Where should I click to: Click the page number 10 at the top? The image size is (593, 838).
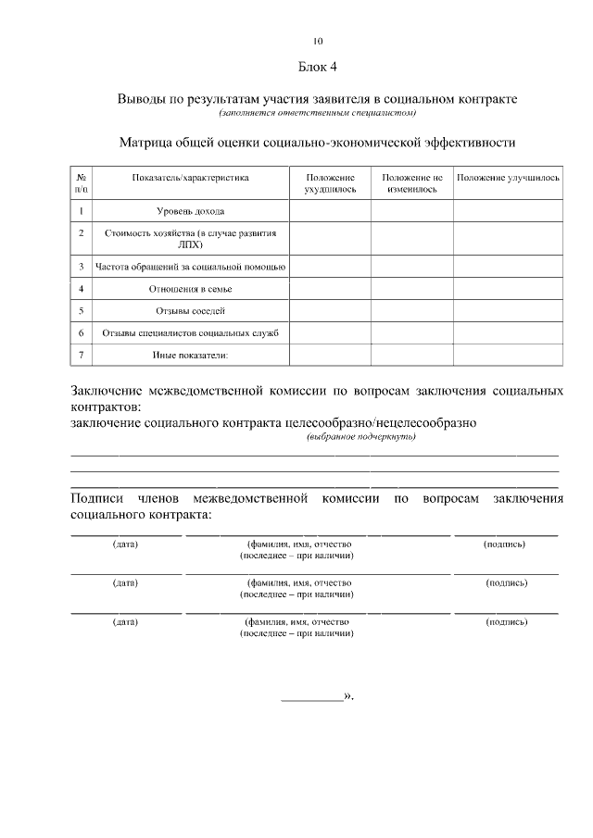coord(318,41)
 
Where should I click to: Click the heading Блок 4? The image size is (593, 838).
coord(318,67)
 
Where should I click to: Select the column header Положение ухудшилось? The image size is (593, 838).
coord(330,181)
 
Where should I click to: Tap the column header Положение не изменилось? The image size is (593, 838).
coord(411,181)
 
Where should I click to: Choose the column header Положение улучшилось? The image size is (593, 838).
coord(508,177)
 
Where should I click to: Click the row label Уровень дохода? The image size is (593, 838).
coord(190,211)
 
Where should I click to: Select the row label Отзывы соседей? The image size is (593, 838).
coord(190,310)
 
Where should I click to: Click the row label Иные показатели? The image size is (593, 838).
coord(190,355)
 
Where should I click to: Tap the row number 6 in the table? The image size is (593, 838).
coord(82,332)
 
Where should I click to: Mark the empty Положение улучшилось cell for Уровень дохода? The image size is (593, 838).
coord(508,211)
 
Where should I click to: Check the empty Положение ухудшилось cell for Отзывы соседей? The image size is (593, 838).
coord(330,310)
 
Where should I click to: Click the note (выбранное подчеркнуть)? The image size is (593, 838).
coord(361,437)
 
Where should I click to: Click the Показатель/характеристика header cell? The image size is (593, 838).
coord(190,177)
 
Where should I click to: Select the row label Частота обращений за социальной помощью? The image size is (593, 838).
coord(190,267)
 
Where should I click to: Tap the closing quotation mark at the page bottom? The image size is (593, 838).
coord(348,695)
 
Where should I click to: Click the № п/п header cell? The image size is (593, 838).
coord(82,181)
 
